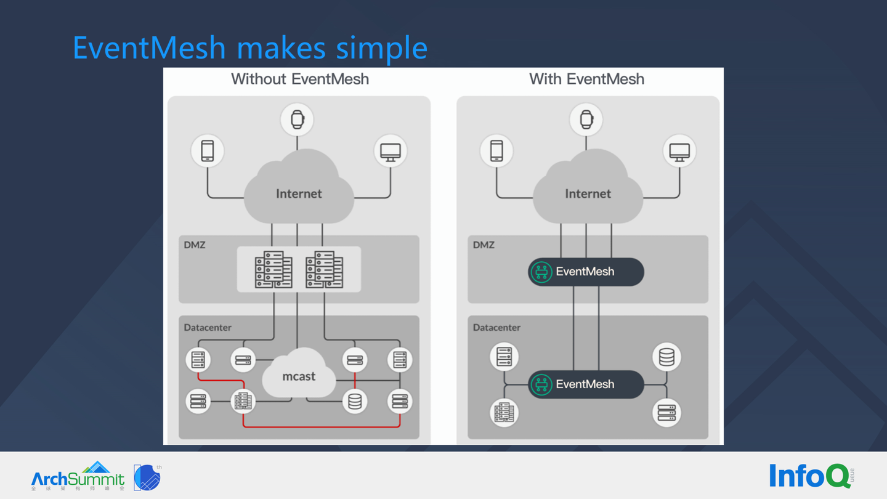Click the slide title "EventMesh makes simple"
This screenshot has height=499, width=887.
(249, 47)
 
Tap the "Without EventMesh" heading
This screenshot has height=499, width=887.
(300, 79)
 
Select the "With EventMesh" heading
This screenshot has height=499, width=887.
(586, 79)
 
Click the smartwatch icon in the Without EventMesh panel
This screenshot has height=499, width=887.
(298, 120)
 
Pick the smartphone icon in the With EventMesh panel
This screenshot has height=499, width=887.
(496, 151)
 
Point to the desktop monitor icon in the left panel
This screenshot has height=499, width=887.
(391, 151)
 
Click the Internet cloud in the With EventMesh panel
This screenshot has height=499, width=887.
(587, 188)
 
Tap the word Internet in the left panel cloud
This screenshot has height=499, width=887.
(299, 194)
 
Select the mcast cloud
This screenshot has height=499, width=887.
(299, 373)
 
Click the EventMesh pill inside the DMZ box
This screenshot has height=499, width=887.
(586, 272)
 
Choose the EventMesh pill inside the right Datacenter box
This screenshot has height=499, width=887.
(586, 384)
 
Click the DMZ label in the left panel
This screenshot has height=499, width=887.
(195, 245)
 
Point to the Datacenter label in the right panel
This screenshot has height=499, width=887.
(496, 328)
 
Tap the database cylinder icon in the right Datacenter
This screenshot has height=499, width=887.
(666, 357)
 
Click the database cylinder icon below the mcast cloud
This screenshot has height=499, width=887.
(355, 402)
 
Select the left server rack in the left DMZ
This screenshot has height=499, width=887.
(273, 270)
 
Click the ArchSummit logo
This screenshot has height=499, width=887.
(78, 476)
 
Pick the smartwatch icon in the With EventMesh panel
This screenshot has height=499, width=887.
(586, 120)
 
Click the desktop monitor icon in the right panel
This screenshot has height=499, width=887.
(679, 151)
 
